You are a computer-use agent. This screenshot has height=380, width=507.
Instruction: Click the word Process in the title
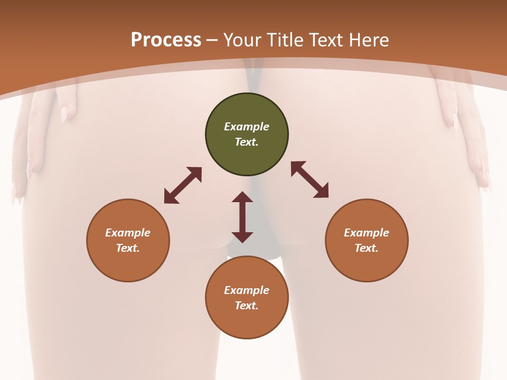(166, 40)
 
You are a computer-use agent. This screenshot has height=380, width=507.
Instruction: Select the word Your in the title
(242, 40)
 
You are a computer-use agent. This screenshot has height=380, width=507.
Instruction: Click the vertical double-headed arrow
(242, 217)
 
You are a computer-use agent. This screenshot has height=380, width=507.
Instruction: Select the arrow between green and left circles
(183, 185)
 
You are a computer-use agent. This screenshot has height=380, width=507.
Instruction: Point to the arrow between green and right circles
(309, 179)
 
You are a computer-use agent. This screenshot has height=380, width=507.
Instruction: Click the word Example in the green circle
(247, 127)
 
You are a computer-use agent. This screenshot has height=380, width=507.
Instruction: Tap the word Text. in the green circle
(247, 142)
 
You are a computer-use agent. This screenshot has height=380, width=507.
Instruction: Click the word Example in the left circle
(128, 233)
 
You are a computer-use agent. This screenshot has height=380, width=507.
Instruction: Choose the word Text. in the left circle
(128, 248)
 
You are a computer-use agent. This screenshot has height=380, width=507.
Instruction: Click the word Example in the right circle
(367, 233)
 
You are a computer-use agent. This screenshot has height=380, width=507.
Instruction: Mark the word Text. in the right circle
(367, 248)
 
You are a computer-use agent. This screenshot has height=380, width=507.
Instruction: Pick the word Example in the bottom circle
(247, 290)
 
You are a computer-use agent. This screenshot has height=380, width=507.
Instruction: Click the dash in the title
(212, 41)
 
